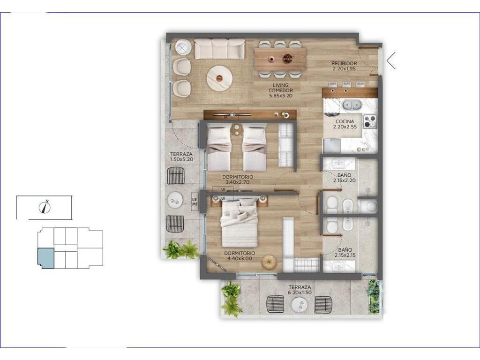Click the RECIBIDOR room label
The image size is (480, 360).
pyautogui.click(x=344, y=63)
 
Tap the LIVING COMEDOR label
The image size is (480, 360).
pyautogui.click(x=281, y=88)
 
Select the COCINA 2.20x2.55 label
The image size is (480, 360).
pyautogui.click(x=345, y=124)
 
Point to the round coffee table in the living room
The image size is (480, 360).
pyautogui.click(x=219, y=78)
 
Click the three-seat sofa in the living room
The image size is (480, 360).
pyautogui.click(x=219, y=49)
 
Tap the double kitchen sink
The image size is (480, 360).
pyautogui.click(x=352, y=105)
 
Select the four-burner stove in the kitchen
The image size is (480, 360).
pyautogui.click(x=370, y=121)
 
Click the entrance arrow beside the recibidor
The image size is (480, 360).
pyautogui.click(x=391, y=60)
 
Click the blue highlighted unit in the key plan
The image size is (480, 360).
pyautogui.click(x=45, y=258)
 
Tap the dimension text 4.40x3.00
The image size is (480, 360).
pyautogui.click(x=240, y=258)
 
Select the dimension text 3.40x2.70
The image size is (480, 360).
pyautogui.click(x=238, y=182)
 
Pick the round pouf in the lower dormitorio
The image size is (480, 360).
pyautogui.click(x=269, y=262)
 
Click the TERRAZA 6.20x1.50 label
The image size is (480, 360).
pyautogui.click(x=300, y=290)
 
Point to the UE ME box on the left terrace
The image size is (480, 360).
pyautogui.click(x=195, y=202)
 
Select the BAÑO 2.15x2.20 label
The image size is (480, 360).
pyautogui.click(x=345, y=178)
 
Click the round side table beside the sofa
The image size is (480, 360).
pyautogui.click(x=183, y=48)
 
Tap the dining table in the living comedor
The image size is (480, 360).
pyautogui.click(x=280, y=59)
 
